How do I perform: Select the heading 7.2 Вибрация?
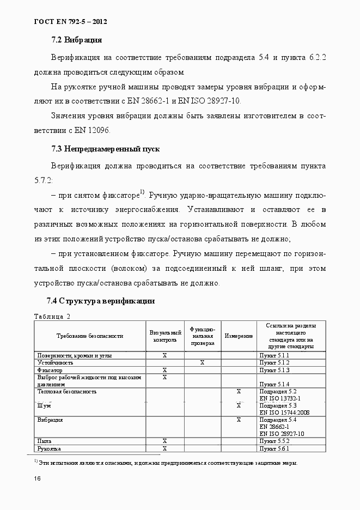click(x=77, y=40)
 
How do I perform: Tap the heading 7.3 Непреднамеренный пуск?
click(x=105, y=149)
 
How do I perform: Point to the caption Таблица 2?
click(x=52, y=316)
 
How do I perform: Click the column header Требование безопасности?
click(x=90, y=336)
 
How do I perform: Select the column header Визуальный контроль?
click(x=165, y=336)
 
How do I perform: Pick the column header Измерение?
click(x=239, y=336)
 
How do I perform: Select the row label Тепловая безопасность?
click(x=67, y=391)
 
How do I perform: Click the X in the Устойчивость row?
click(x=202, y=362)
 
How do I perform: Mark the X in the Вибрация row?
click(x=239, y=420)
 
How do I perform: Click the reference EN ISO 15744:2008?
click(x=284, y=412)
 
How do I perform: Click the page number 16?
click(x=37, y=478)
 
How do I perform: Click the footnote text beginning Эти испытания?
click(x=169, y=463)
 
